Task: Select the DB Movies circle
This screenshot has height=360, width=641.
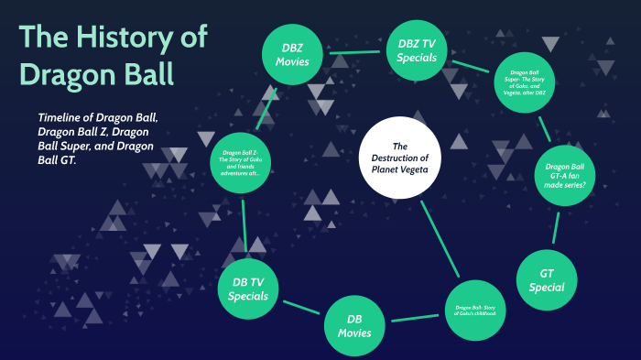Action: click(x=359, y=326)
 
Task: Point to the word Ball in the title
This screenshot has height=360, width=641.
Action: click(x=142, y=72)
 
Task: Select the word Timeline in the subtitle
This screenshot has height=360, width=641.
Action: click(x=65, y=118)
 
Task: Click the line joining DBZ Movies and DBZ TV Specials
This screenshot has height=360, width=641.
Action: click(x=355, y=52)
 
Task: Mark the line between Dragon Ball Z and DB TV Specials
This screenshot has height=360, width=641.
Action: click(x=244, y=227)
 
